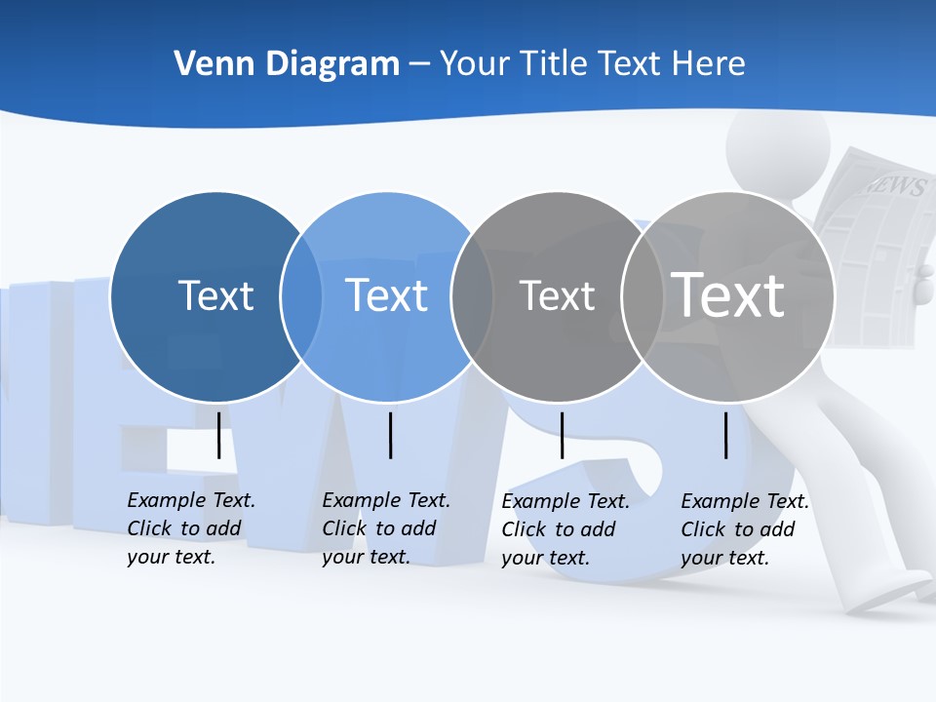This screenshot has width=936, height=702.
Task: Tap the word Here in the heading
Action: click(x=709, y=64)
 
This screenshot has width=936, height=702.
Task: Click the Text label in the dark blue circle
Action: click(x=215, y=295)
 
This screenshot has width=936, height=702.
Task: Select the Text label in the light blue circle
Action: click(x=386, y=295)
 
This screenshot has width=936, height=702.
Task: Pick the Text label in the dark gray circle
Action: click(x=557, y=295)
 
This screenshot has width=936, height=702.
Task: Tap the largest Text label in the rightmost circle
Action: click(x=728, y=294)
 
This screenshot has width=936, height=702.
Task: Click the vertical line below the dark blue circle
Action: click(x=218, y=435)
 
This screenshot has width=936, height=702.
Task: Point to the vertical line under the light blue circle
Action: click(x=390, y=435)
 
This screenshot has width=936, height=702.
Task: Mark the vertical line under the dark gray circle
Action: click(x=562, y=435)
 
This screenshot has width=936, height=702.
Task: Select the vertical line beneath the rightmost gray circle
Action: click(x=725, y=435)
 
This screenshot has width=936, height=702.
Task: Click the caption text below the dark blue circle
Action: click(x=191, y=528)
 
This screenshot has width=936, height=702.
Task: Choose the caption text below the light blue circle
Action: click(x=386, y=528)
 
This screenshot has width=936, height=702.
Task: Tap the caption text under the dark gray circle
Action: click(x=565, y=529)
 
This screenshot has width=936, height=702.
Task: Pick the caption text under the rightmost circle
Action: click(x=745, y=529)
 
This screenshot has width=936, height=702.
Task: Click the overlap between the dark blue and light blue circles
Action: click(x=301, y=296)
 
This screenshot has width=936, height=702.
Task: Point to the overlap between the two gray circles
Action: click(x=643, y=296)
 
